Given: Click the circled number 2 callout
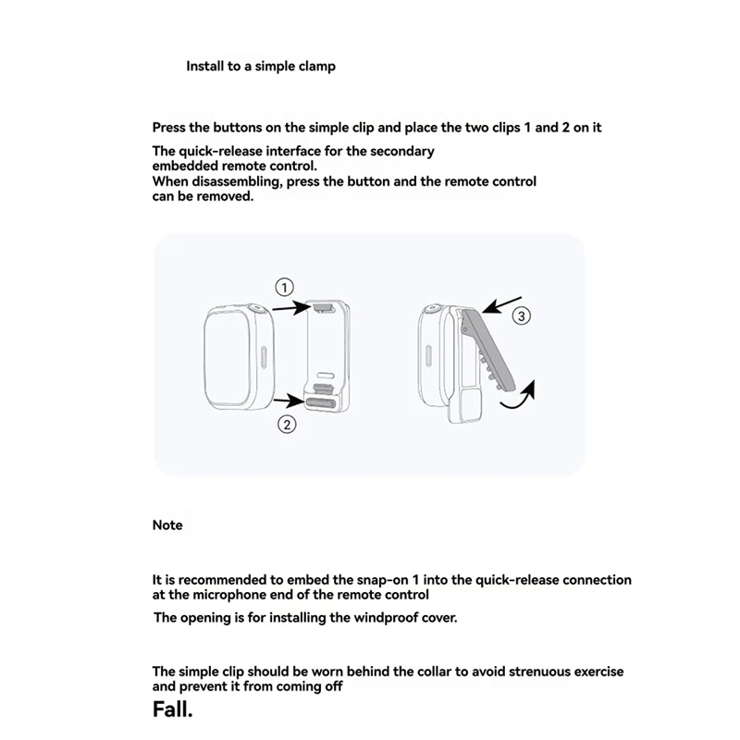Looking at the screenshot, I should click(288, 425).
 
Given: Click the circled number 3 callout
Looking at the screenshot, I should click(521, 316).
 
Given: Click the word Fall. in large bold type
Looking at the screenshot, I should click(174, 710).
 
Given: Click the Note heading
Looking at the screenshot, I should click(167, 525).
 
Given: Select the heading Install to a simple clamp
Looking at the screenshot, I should click(261, 67).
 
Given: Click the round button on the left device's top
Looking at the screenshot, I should click(253, 311).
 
